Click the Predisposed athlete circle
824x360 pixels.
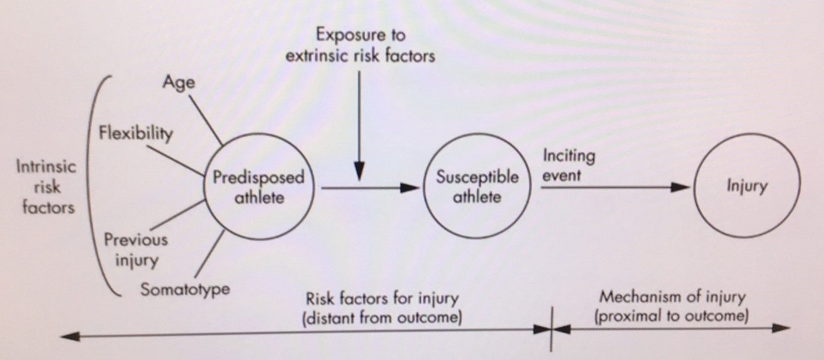pos(258,188)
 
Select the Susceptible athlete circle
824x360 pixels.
pos(477,187)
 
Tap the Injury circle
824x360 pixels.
pos(746,187)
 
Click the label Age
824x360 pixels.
pos(178,83)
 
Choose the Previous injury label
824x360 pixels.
pos(136,249)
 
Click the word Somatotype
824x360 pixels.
pos(185,290)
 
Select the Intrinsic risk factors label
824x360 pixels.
pos(46,187)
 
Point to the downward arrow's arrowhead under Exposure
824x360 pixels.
pos(360,171)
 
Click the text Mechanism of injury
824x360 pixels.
pos(672,297)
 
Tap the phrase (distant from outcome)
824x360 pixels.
pos(382,317)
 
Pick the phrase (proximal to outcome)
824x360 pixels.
pos(672,316)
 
